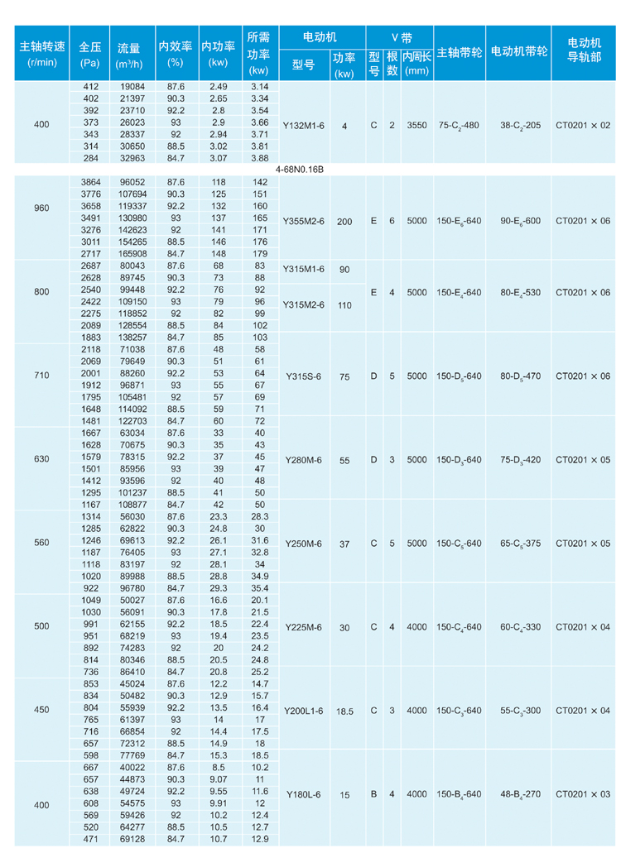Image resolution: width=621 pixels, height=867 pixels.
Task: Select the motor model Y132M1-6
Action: (304, 125)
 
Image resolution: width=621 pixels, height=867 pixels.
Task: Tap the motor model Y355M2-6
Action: (304, 221)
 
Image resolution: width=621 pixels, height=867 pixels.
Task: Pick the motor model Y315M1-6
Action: (304, 270)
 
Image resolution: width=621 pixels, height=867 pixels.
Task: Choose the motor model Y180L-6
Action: (303, 794)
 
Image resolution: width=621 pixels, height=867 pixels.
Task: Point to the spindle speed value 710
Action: (41, 375)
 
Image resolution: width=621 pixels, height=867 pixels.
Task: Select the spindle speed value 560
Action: (41, 543)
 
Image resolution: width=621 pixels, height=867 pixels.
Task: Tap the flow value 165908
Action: (132, 253)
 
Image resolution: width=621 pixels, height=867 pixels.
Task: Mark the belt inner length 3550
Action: (417, 125)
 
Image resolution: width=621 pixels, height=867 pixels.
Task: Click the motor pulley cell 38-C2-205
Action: (520, 125)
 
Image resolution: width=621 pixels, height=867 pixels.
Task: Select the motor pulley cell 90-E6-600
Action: (520, 221)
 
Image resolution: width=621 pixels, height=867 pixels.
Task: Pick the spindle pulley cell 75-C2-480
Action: (459, 125)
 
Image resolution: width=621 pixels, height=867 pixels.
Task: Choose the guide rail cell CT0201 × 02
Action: (583, 125)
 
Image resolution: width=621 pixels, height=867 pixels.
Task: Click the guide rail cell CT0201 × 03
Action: (583, 794)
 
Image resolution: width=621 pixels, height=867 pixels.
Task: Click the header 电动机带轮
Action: (519, 51)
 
